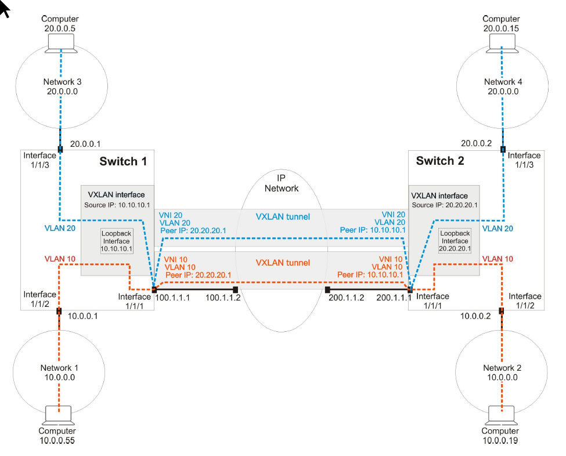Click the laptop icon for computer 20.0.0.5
tap(61, 44)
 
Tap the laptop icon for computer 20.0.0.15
tap(502, 44)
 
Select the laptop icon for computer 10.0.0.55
tap(58, 415)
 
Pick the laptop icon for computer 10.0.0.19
tap(501, 415)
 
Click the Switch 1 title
tap(123, 161)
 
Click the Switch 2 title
tap(440, 161)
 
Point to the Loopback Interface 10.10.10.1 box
tap(117, 241)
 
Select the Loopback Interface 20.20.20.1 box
tap(455, 241)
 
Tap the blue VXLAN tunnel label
tap(283, 217)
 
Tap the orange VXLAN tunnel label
tap(283, 263)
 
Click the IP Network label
tap(282, 183)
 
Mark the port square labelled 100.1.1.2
tap(235, 289)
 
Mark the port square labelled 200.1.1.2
tap(327, 289)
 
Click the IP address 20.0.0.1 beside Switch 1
tap(85, 144)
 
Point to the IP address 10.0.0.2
tap(475, 316)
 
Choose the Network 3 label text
tap(63, 86)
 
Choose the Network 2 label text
tap(502, 372)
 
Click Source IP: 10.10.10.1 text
tap(117, 205)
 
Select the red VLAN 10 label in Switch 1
tap(60, 259)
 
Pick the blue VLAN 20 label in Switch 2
tap(497, 229)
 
